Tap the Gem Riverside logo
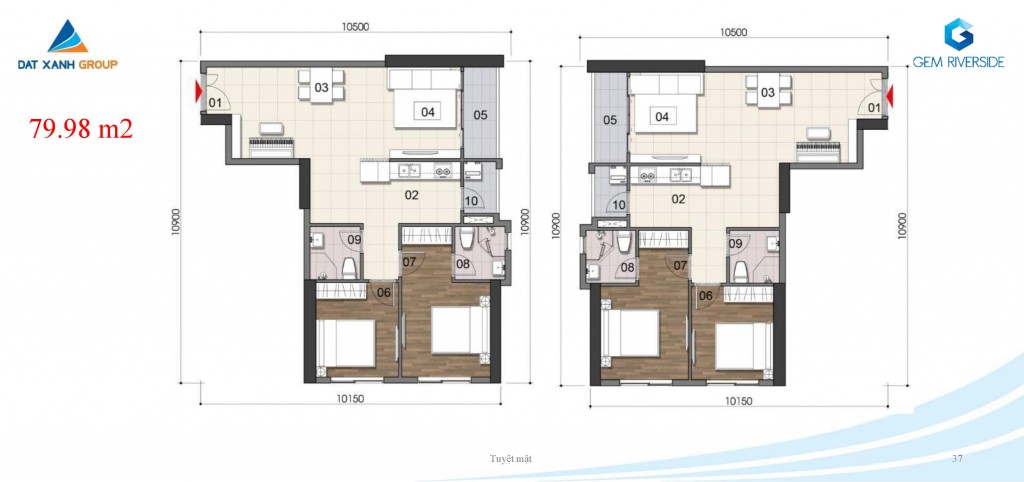pos(959,42)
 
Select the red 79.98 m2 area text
pos(81,129)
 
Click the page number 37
pos(957,458)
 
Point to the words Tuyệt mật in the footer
pos(511,458)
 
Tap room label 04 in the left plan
pos(428,112)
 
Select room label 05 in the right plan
pos(610,120)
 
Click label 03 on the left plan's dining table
pos(321,88)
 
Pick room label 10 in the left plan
pos(472,200)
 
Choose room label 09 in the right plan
pos(735,244)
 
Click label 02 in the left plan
pos(411,195)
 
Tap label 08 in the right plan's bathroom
pos(628,266)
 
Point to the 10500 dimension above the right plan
pos(733,32)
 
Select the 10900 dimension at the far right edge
pos(902,225)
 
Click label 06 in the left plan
pos(384,293)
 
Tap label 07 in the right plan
pos(680,265)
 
